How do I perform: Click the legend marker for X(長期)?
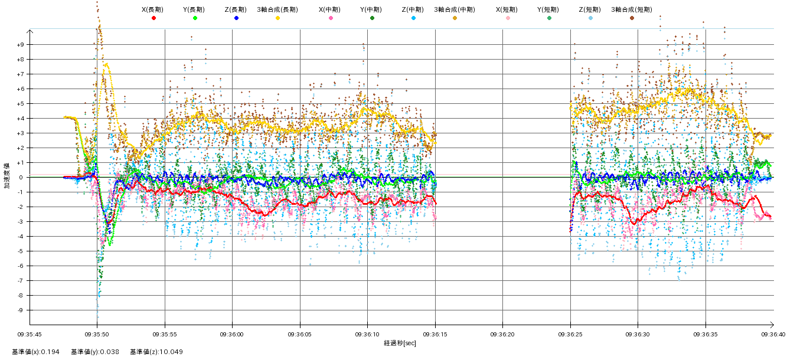[x=153, y=18]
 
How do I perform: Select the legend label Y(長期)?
[x=195, y=9]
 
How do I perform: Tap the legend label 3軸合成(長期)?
[x=277, y=9]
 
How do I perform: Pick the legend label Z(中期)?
[x=413, y=9]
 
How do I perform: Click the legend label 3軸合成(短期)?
[x=631, y=9]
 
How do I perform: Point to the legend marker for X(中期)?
[x=331, y=18]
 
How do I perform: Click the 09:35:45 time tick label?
[x=30, y=334]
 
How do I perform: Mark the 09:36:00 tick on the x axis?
[x=233, y=334]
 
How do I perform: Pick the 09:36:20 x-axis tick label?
[x=503, y=334]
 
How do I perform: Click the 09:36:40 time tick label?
[x=773, y=334]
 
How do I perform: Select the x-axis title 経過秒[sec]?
[x=400, y=343]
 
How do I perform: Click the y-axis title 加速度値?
[x=7, y=176]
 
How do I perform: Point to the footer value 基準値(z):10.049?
[x=157, y=352]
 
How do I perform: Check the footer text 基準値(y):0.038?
[x=95, y=352]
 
